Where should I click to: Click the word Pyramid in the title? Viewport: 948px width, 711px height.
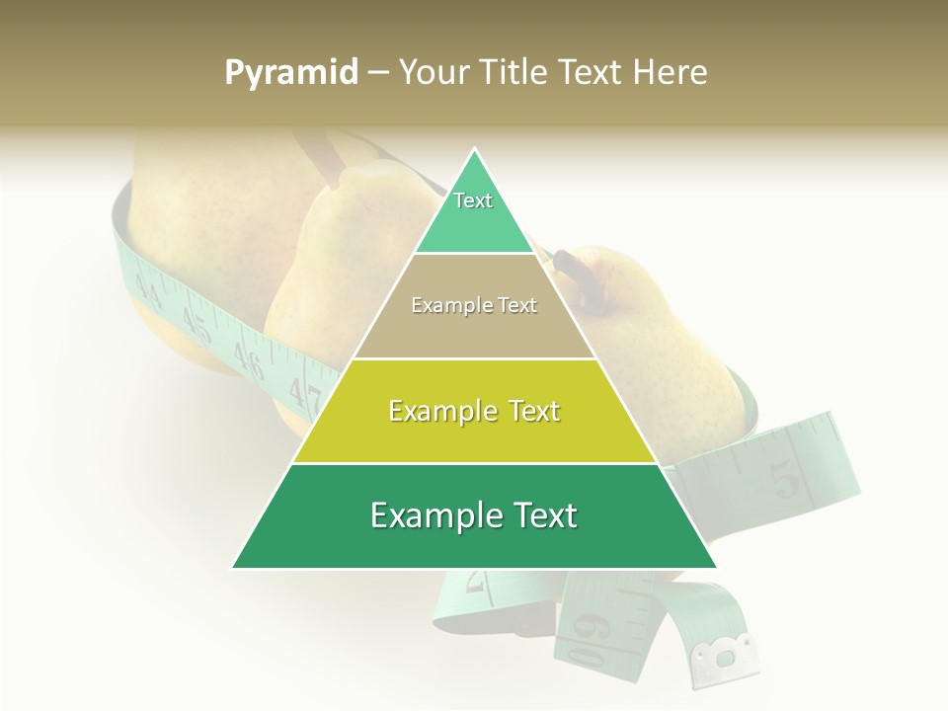tap(291, 73)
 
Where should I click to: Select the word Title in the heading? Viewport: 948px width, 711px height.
tap(519, 73)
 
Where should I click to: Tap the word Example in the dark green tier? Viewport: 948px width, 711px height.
tap(430, 516)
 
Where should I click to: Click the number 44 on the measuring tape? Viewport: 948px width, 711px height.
tap(149, 288)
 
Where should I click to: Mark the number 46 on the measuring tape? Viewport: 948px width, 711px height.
tap(250, 362)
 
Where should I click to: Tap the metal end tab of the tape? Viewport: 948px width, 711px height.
tap(726, 653)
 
